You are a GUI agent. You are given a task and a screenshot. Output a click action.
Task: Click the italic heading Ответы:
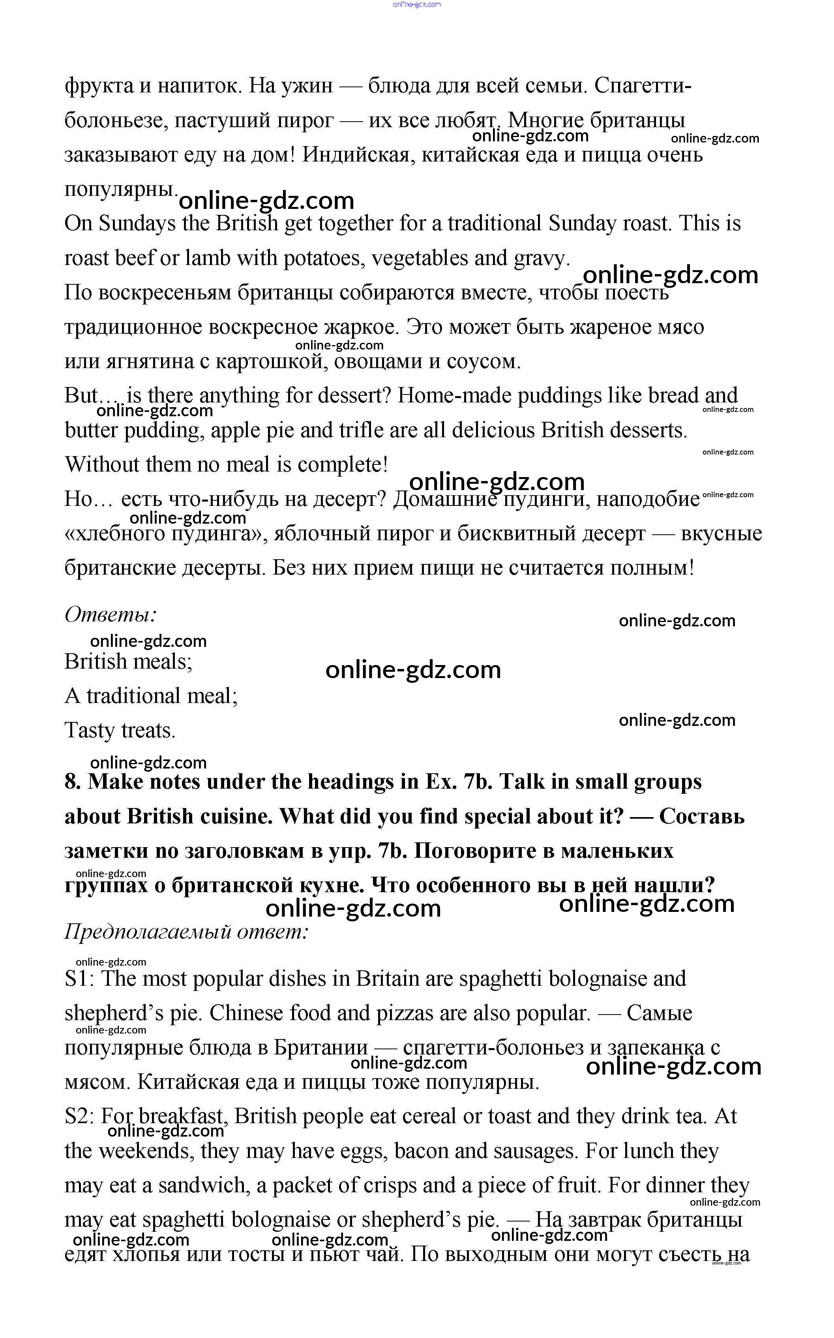click(x=110, y=614)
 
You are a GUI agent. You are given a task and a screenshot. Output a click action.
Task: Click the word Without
click(x=102, y=464)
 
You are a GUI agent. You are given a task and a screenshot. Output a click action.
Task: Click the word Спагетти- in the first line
click(x=643, y=86)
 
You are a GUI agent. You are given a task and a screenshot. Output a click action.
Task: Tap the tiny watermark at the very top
click(x=417, y=4)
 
